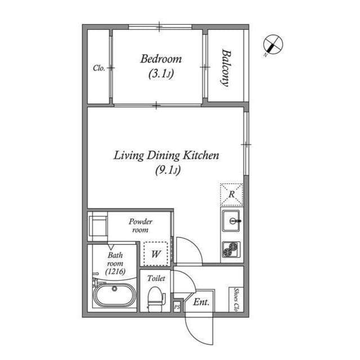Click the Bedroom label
tap(161, 59)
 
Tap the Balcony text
tap(226, 68)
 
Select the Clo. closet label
tap(99, 68)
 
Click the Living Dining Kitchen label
tap(166, 156)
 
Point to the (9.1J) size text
tap(168, 170)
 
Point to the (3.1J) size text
tap(161, 74)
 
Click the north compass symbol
tap(273, 44)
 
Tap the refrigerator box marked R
tap(232, 195)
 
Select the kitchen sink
tap(231, 221)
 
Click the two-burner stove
tap(231, 249)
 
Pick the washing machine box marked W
tap(156, 254)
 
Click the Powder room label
tap(140, 226)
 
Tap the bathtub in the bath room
tap(114, 295)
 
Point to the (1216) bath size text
tap(115, 272)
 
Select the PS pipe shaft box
tap(177, 307)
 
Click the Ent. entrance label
tap(201, 302)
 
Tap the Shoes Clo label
tap(236, 300)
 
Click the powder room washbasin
tap(98, 226)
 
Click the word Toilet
tap(156, 278)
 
